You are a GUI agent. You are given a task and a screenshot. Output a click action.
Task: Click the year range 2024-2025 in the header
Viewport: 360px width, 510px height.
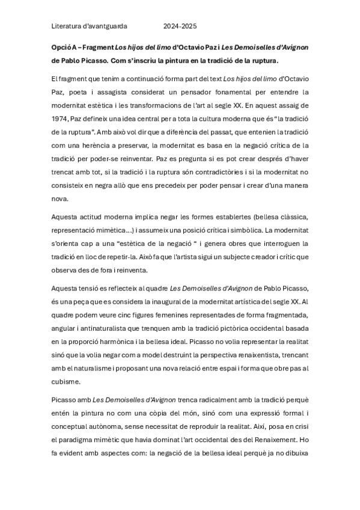click(180, 26)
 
